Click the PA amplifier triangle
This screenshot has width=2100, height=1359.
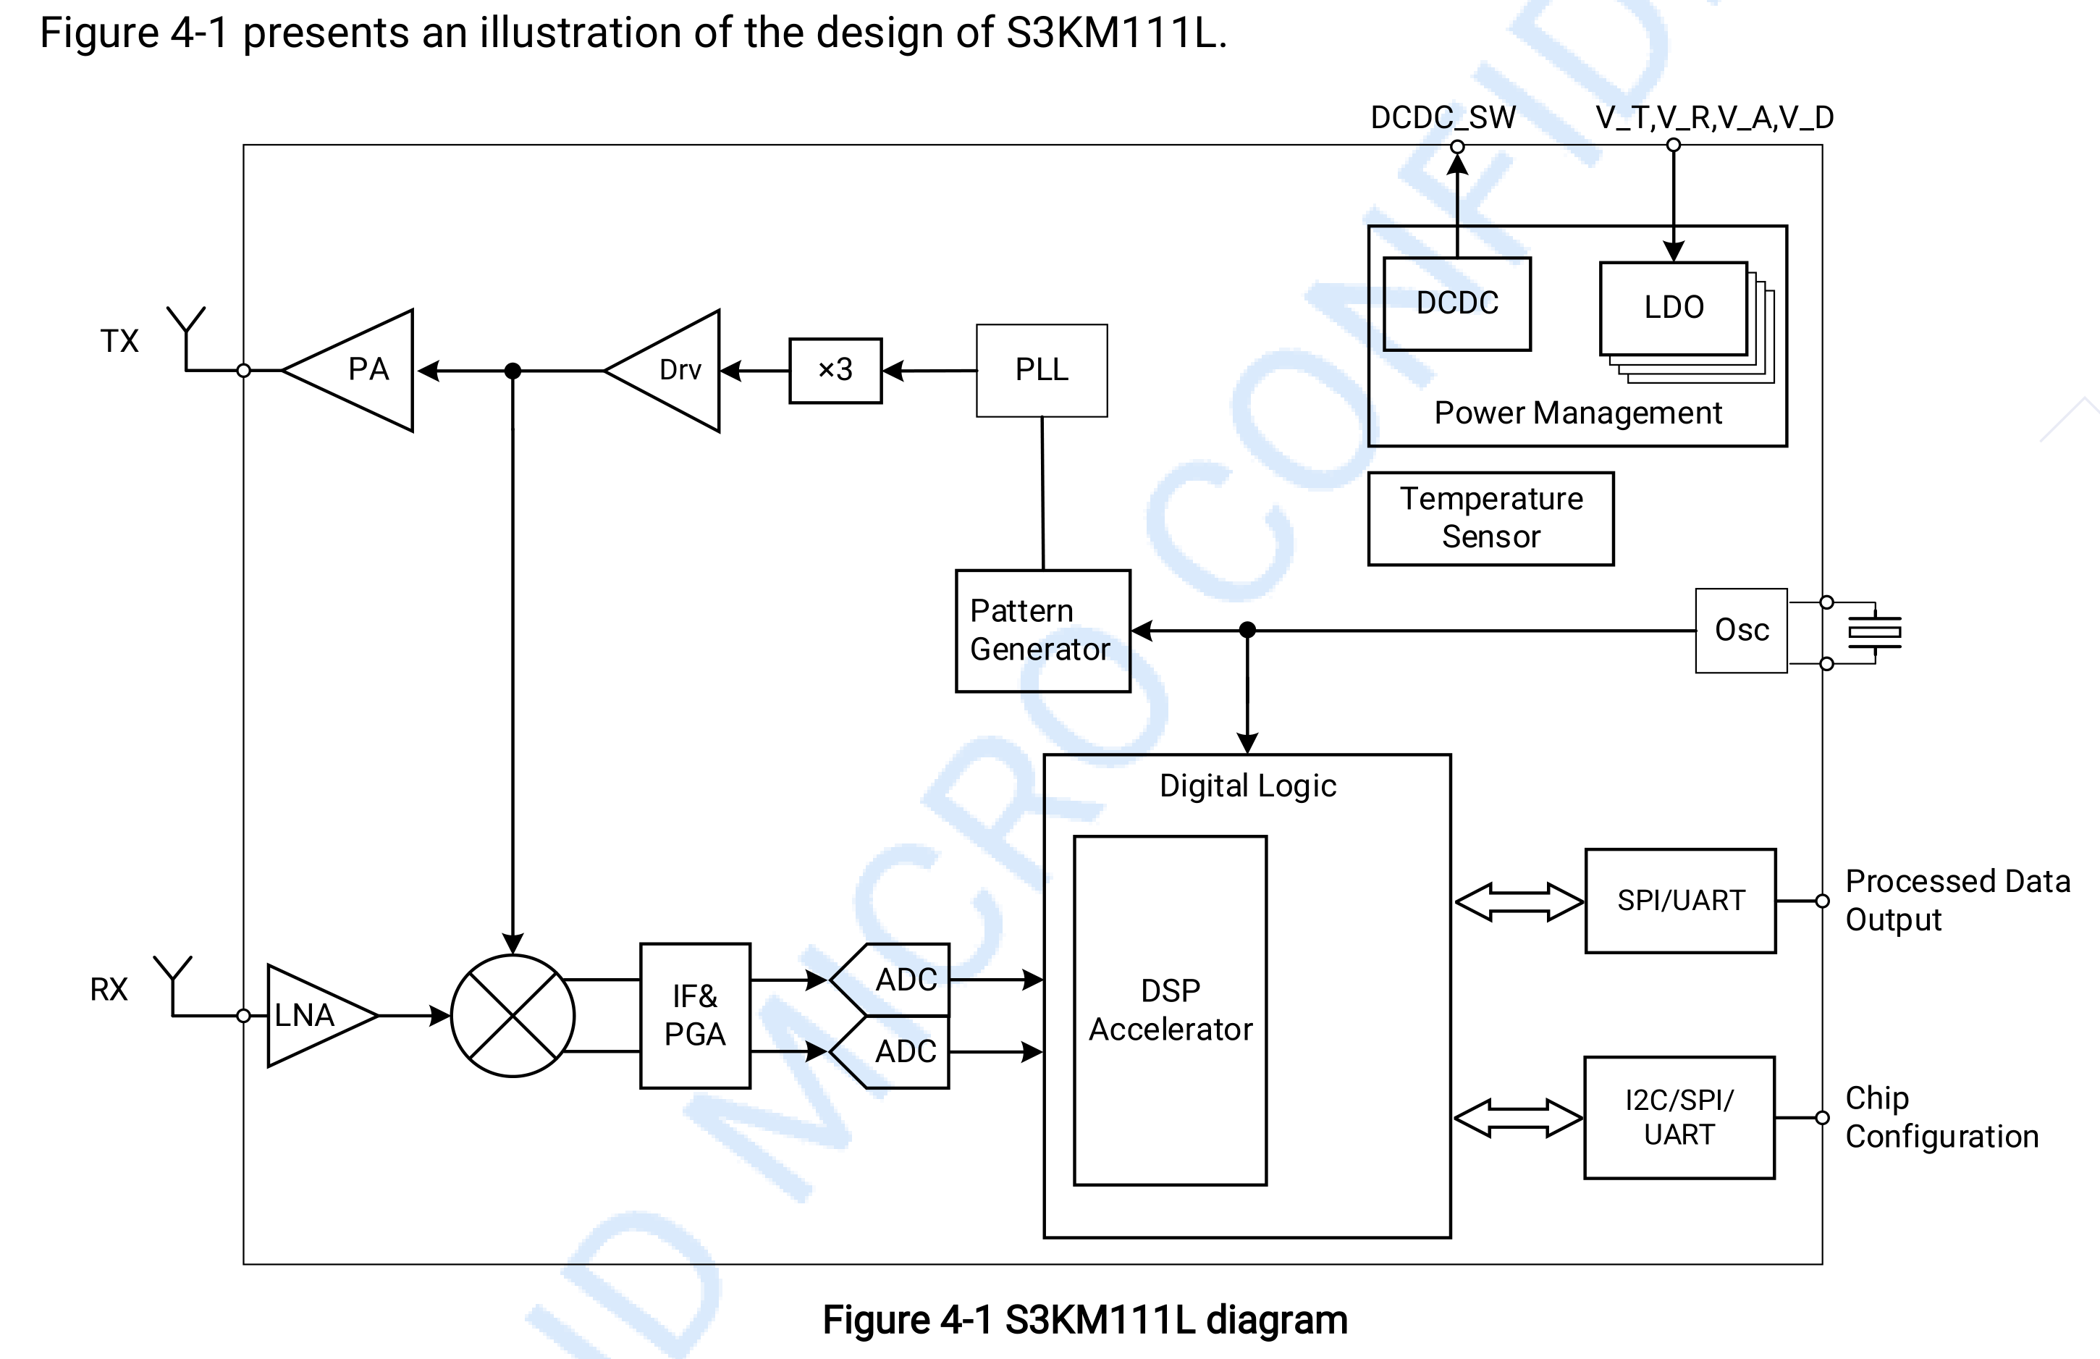(x=362, y=370)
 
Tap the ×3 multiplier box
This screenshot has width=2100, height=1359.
(x=835, y=370)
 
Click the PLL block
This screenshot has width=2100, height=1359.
(x=1041, y=370)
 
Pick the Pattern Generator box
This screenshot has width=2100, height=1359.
(x=1042, y=630)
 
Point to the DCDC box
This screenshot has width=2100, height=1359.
(x=1456, y=303)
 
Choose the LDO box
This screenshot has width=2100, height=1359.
(x=1673, y=308)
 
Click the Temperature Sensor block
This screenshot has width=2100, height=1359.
(x=1490, y=518)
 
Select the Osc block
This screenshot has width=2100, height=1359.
(x=1741, y=630)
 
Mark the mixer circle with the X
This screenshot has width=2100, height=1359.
(x=513, y=1015)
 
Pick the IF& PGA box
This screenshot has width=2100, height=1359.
(x=694, y=1015)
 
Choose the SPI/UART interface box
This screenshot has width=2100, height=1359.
(x=1680, y=900)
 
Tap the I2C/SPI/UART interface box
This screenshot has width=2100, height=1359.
(x=1679, y=1117)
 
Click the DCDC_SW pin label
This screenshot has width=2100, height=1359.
(x=1443, y=117)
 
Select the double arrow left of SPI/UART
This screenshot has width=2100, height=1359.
(x=1518, y=902)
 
